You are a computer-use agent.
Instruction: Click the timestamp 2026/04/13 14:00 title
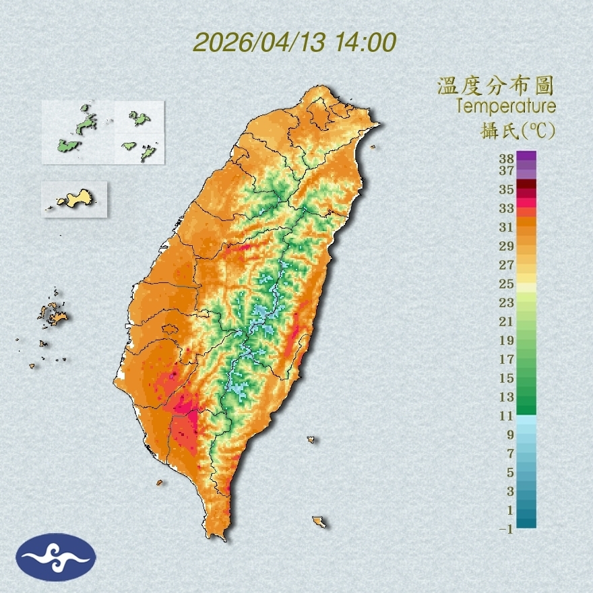(x=294, y=42)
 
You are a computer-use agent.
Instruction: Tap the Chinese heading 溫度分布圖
(x=495, y=87)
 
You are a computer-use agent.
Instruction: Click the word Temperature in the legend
(x=505, y=106)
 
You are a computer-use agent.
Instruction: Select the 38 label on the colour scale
(x=507, y=159)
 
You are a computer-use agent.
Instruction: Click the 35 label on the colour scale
(x=507, y=189)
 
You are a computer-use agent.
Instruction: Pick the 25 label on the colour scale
(x=507, y=283)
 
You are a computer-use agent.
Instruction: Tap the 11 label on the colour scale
(x=507, y=416)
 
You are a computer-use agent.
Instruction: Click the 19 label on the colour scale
(x=507, y=340)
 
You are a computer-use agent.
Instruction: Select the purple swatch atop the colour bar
(x=526, y=156)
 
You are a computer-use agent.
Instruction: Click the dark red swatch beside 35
(x=526, y=185)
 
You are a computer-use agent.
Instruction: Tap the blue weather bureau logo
(x=57, y=557)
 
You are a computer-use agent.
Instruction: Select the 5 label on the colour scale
(x=510, y=472)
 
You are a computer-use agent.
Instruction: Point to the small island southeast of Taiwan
(x=319, y=522)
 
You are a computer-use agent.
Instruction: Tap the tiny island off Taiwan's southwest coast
(x=160, y=482)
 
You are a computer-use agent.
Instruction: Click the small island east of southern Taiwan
(x=311, y=440)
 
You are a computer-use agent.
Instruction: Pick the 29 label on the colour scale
(x=507, y=245)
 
